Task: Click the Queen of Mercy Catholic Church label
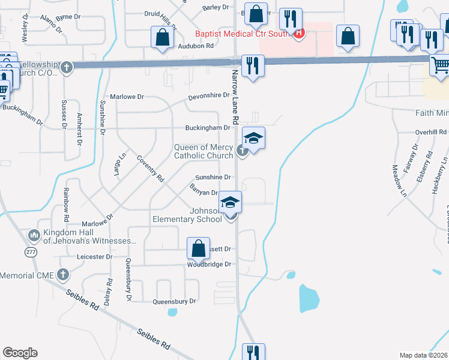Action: click(x=203, y=151)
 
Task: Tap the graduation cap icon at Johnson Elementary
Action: click(x=231, y=202)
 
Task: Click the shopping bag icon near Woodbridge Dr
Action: click(x=198, y=248)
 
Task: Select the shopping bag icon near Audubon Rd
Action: click(x=162, y=37)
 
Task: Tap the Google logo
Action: click(x=20, y=353)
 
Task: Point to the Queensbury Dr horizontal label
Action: click(x=175, y=302)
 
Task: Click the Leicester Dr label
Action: click(x=95, y=256)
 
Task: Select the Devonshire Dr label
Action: click(x=209, y=95)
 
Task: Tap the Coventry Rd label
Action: click(x=151, y=169)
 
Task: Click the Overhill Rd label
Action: click(x=431, y=132)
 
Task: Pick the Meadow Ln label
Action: click(x=399, y=181)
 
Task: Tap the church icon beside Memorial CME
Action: click(x=63, y=275)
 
